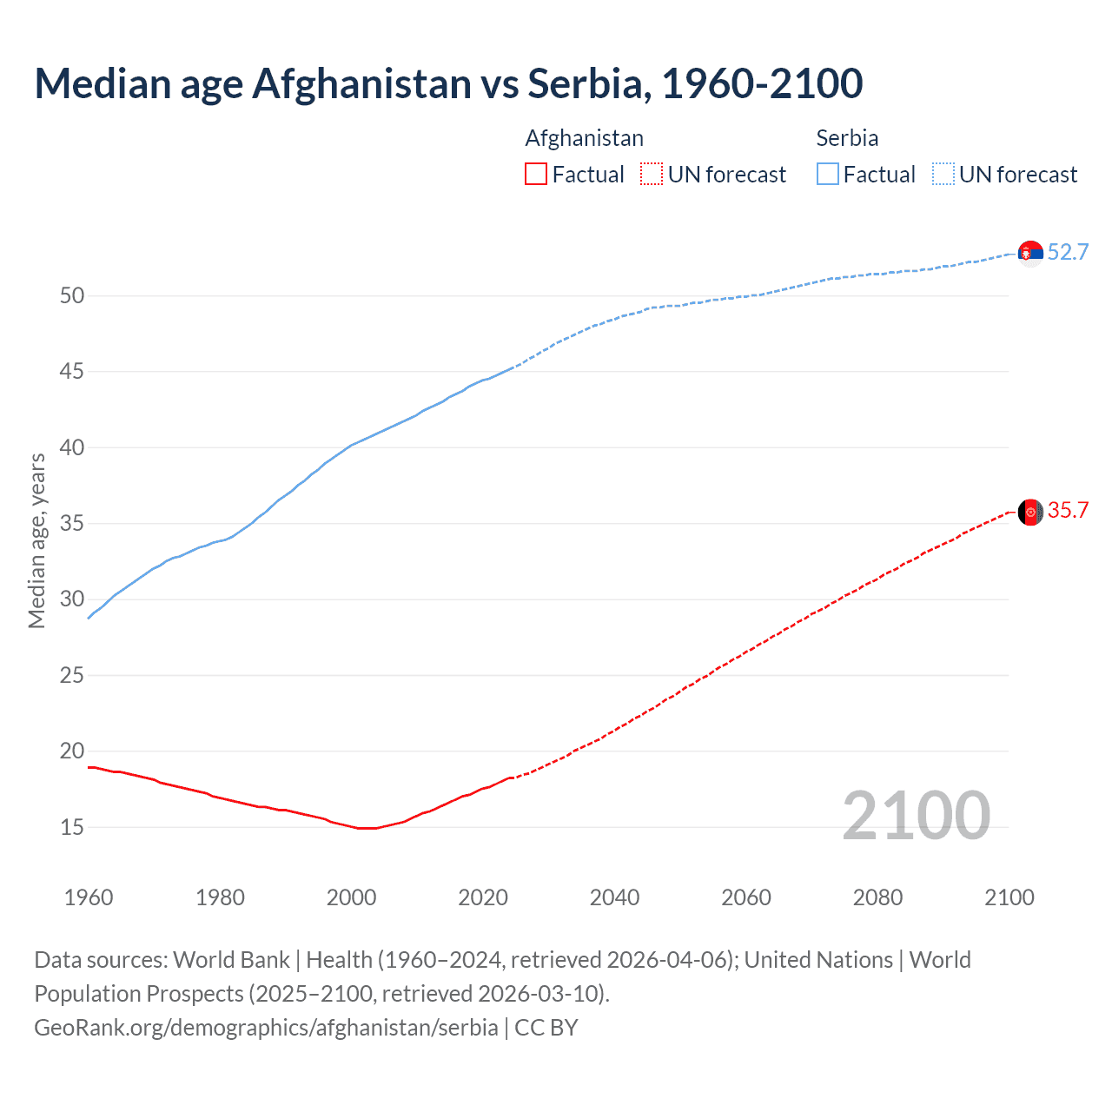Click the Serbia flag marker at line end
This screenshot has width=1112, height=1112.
[x=1030, y=253]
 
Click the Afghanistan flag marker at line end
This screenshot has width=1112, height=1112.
[x=1030, y=512]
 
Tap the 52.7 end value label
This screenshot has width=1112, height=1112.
[x=1068, y=252]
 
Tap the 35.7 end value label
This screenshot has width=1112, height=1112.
[x=1068, y=511]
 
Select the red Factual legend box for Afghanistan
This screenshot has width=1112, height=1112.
[x=536, y=175]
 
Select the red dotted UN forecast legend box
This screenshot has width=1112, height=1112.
[x=652, y=175]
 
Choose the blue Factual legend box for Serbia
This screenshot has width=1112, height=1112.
[x=828, y=175]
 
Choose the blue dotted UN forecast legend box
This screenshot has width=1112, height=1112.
[x=943, y=175]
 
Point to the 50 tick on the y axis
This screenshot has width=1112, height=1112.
[x=72, y=295]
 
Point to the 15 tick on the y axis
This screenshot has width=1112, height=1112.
[x=72, y=827]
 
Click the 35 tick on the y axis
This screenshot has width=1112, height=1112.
[x=72, y=524]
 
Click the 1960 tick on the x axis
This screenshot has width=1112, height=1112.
[x=89, y=897]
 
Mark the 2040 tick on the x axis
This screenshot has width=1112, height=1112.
[x=614, y=897]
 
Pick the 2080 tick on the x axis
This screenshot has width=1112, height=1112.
[x=877, y=897]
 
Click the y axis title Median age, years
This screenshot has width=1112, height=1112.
[x=36, y=540]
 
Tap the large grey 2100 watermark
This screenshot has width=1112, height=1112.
[x=916, y=816]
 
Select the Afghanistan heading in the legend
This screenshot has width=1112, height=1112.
[x=584, y=138]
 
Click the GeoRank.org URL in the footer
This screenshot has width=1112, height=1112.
[x=266, y=1028]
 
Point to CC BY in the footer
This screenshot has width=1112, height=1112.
[x=546, y=1028]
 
